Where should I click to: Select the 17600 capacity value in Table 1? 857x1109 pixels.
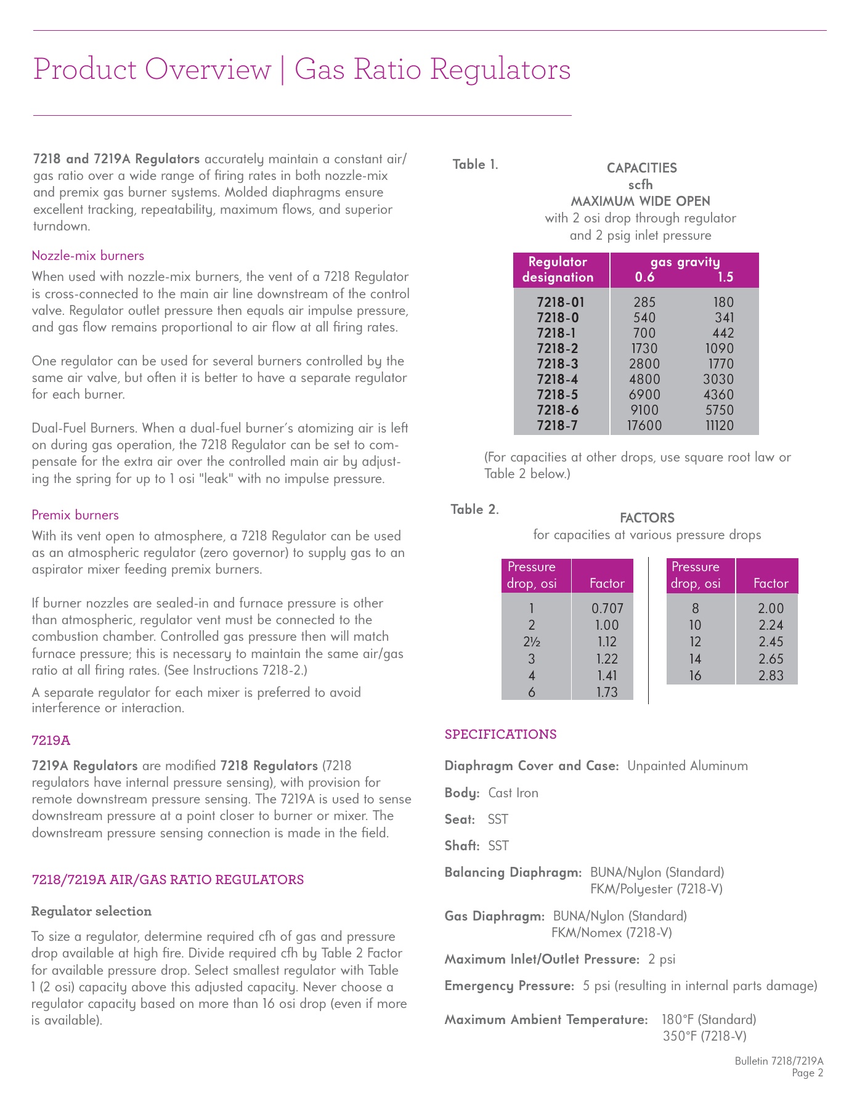[644, 426]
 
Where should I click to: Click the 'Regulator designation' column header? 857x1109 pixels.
[558, 270]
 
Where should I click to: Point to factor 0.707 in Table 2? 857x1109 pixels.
[607, 609]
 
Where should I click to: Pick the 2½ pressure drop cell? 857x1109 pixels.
[532, 642]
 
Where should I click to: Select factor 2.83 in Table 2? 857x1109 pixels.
[771, 676]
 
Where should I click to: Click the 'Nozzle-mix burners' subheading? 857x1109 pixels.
[88, 256]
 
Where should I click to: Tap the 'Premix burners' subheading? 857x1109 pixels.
[75, 515]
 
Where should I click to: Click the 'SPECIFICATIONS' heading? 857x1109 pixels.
[500, 734]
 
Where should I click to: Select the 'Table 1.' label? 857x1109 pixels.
[475, 165]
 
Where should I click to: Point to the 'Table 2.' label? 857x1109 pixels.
[474, 510]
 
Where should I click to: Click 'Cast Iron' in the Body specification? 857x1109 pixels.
[513, 793]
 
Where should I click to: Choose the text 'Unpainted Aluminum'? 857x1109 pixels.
[688, 766]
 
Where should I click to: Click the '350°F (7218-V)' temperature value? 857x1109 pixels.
[705, 1036]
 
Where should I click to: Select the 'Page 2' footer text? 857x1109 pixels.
[808, 1073]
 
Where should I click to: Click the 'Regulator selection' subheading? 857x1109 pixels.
[91, 911]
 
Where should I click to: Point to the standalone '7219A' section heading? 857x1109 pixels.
[51, 740]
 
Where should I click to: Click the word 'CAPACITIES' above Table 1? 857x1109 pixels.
[641, 168]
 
